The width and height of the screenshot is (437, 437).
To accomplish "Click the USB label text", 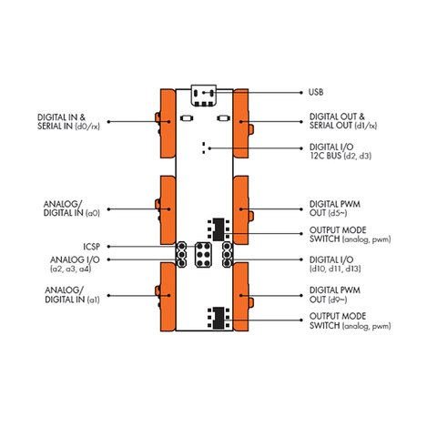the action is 316,92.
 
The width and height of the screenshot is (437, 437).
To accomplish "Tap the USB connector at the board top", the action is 204,96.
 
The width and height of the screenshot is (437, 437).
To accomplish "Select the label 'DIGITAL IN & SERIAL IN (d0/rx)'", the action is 68,122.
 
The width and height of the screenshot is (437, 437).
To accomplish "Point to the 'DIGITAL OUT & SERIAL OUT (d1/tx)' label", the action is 343,121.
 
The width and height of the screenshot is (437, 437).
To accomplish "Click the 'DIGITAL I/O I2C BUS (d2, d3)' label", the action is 340,151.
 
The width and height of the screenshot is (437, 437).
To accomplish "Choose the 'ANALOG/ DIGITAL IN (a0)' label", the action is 72,208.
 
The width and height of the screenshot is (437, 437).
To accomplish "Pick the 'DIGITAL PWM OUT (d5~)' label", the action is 335,208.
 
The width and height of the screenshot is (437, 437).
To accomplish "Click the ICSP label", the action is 92,247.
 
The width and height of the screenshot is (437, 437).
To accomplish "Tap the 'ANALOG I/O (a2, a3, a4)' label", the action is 75,264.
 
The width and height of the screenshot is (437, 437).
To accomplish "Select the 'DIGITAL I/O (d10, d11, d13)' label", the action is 335,264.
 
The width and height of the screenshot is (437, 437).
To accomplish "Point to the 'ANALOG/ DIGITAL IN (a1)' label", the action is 72,295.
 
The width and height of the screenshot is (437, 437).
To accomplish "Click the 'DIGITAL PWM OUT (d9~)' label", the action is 335,295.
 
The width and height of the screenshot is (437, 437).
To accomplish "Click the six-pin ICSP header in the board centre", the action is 203,255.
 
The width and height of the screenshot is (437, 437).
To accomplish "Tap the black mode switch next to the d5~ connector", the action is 218,229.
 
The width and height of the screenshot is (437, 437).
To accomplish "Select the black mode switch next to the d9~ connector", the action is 218,318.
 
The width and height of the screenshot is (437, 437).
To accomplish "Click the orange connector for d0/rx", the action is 166,123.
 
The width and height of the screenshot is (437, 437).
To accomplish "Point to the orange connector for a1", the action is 166,297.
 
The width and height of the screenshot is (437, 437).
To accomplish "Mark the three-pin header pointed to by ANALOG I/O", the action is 181,255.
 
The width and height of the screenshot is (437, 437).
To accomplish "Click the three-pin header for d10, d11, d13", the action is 228,255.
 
